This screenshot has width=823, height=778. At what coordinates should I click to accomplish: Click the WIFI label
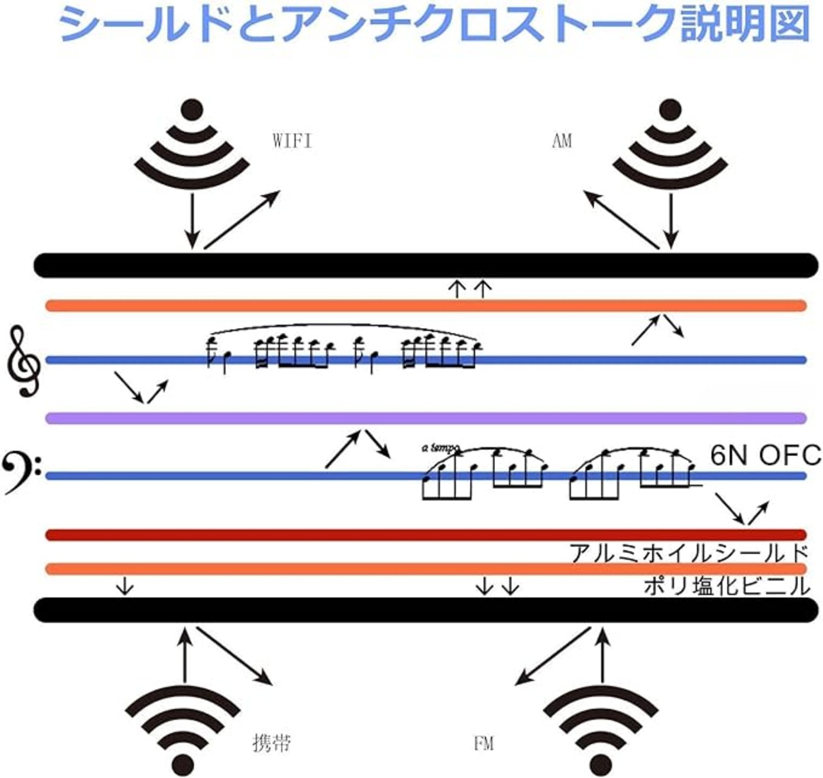tap(293, 141)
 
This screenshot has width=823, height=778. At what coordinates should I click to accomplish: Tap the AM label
tap(561, 141)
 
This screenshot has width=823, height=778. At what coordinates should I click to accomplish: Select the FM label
tap(484, 744)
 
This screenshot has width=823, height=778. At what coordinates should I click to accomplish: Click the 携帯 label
tap(271, 743)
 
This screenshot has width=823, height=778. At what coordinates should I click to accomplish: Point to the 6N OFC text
tap(766, 455)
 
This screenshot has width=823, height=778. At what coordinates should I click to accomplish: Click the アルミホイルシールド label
tap(688, 553)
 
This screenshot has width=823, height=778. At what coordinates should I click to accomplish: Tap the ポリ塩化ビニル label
tap(727, 586)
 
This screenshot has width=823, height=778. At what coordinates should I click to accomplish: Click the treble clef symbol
tap(24, 360)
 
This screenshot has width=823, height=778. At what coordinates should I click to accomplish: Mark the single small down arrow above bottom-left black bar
tap(125, 586)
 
